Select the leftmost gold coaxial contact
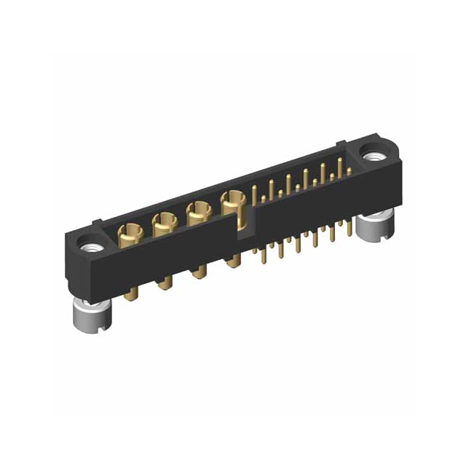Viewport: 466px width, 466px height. click(130, 234)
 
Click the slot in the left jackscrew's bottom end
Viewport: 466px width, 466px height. click(94, 330)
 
